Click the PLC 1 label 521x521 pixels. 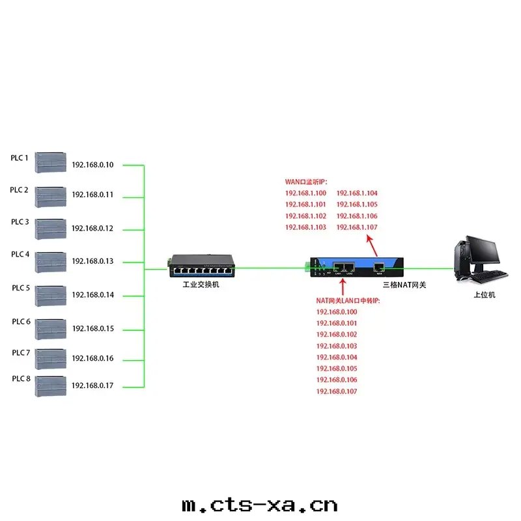point(19,158)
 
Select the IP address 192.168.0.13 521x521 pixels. point(92,261)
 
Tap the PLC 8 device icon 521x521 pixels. point(51,386)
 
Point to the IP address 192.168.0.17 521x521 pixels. point(92,386)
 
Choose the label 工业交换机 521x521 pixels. point(201,285)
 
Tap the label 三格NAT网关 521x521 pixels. point(404,285)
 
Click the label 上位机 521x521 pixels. point(485,295)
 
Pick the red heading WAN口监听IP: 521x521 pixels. point(306,182)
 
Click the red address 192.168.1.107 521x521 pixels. point(357,227)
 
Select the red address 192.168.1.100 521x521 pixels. point(305,193)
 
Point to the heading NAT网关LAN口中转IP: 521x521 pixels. point(347,300)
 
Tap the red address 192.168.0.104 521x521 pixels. point(337,358)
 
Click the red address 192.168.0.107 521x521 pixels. point(337,391)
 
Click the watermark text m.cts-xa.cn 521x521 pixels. point(260,505)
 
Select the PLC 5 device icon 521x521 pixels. point(51,296)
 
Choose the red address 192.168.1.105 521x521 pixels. point(357,204)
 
